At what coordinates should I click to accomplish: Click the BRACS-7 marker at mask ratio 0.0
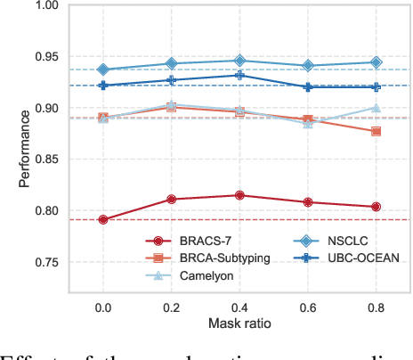tap(102, 219)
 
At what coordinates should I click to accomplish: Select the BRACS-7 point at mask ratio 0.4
tap(239, 195)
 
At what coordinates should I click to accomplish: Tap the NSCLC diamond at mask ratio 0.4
tap(239, 61)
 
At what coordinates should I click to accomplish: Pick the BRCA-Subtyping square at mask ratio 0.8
tap(376, 131)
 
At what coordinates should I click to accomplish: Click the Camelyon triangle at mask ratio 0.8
tap(376, 108)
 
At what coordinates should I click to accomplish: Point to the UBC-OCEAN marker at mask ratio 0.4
tap(239, 75)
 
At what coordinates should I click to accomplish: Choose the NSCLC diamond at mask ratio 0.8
tap(376, 62)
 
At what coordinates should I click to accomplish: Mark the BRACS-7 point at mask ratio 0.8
tap(376, 207)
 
